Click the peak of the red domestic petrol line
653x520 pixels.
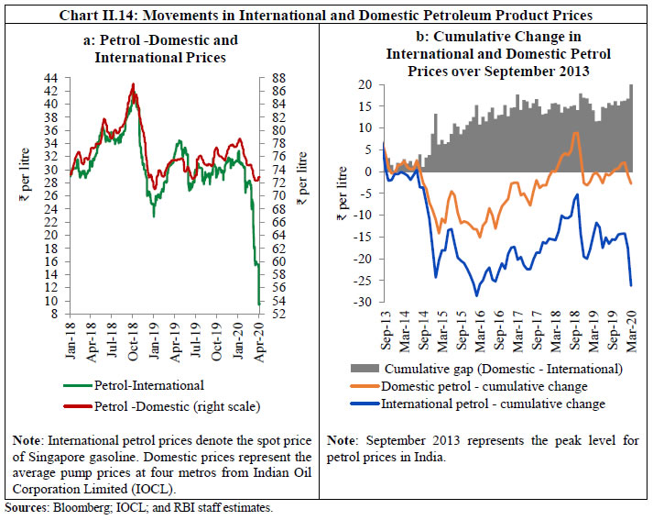[134, 84]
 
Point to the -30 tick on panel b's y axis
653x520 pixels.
[365, 303]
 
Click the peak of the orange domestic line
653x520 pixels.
[575, 132]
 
